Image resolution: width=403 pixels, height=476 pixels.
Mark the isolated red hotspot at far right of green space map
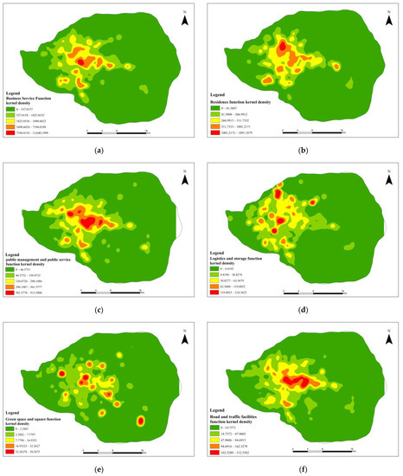point(141,421)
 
